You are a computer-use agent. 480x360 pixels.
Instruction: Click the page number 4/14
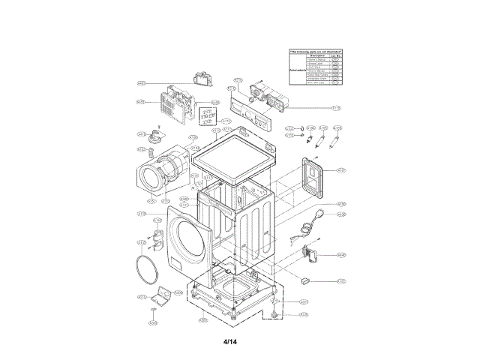click(229, 343)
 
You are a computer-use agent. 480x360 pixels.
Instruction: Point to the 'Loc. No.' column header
click(337, 56)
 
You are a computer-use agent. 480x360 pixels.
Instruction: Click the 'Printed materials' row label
click(297, 69)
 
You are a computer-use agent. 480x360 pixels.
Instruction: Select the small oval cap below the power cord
click(305, 279)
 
